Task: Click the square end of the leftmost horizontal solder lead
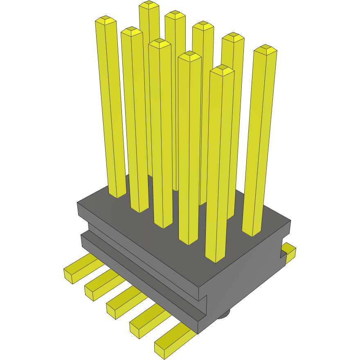(x=69, y=275)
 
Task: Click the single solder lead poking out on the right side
(x=290, y=252)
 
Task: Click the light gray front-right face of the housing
(x=245, y=278)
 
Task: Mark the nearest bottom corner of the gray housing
(x=198, y=332)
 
